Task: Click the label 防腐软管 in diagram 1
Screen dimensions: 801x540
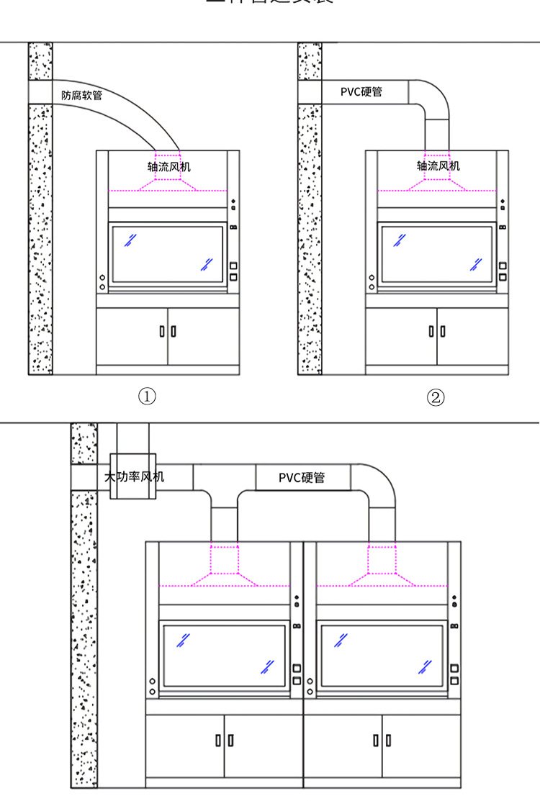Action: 81,94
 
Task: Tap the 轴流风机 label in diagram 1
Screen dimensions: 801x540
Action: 169,166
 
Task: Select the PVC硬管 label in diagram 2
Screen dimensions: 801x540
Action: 361,92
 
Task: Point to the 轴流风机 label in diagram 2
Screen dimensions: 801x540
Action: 438,166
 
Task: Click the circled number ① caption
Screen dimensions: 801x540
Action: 147,397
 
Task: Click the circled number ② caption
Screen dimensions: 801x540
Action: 436,397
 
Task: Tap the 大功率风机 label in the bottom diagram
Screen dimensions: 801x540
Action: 134,476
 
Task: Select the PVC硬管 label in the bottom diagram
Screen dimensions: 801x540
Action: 302,477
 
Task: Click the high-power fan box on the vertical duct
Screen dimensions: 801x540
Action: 132,476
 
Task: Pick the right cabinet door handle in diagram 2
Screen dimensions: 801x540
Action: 442,331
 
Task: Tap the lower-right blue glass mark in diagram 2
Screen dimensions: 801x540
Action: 476,264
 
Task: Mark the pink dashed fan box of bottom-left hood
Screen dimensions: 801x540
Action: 224,558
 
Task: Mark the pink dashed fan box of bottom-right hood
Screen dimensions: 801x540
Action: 382,558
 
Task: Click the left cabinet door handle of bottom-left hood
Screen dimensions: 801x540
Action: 217,739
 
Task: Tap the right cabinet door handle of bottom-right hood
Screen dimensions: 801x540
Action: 389,739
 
